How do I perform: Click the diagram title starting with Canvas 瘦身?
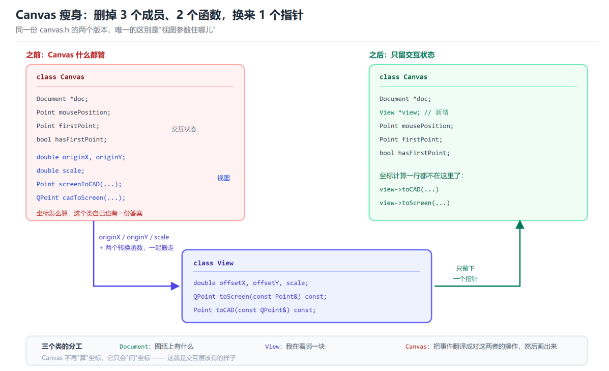click(159, 15)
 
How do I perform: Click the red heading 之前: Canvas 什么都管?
click(65, 55)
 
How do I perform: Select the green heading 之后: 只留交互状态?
click(401, 55)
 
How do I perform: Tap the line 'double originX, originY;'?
click(81, 157)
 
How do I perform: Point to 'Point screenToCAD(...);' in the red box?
click(79, 184)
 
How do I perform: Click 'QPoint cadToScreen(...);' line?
click(81, 198)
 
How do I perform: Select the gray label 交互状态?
click(184, 129)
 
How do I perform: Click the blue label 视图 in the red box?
click(223, 178)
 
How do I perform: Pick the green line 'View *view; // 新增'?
click(414, 112)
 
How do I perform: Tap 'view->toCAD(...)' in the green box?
click(409, 189)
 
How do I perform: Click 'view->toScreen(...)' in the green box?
click(415, 203)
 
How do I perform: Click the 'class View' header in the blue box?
click(214, 263)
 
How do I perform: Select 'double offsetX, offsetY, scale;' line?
click(250, 283)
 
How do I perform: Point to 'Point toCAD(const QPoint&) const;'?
click(254, 310)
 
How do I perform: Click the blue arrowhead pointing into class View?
click(176, 287)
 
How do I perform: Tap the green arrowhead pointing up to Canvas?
click(519, 224)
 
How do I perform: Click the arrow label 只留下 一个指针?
click(466, 273)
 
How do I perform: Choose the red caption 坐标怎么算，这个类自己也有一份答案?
click(90, 213)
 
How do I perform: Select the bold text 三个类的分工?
click(62, 346)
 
